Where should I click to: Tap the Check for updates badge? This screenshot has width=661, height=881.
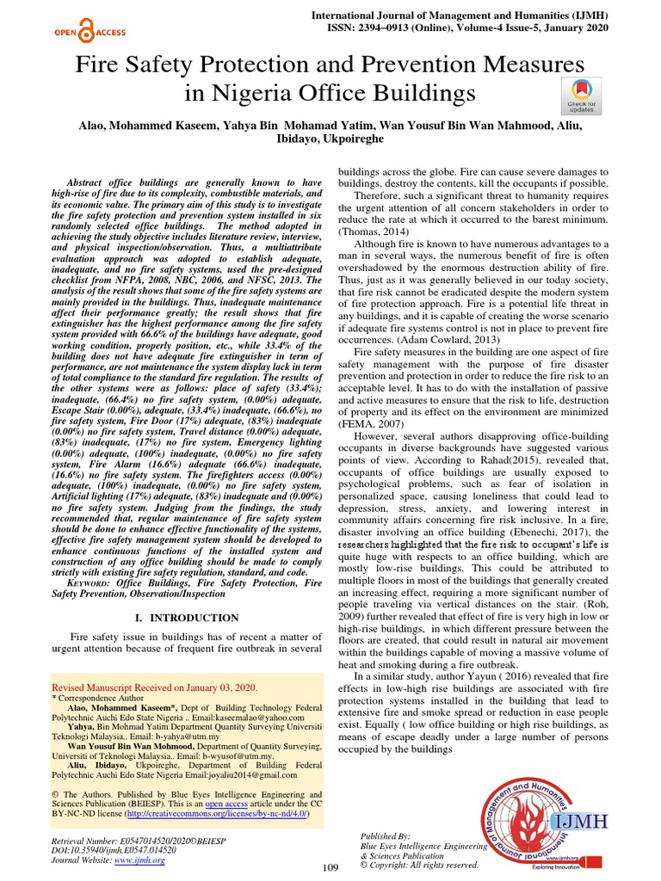pos(581,95)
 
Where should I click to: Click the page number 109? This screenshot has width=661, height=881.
pos(331,867)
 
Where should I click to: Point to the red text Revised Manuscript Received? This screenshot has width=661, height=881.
pos(155,688)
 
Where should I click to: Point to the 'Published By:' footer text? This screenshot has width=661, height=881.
pos(385,836)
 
